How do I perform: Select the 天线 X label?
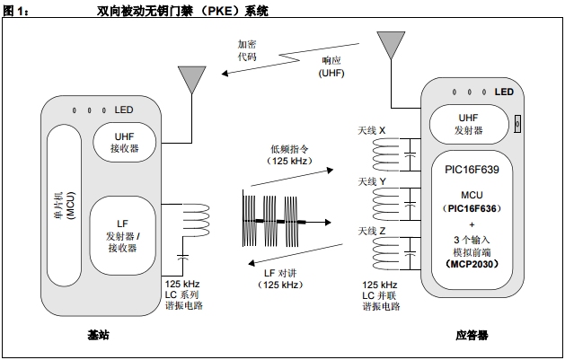pos(372,130)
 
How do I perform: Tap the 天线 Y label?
pos(372,181)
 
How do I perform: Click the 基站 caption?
pos(98,335)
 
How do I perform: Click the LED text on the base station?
pos(123,110)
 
